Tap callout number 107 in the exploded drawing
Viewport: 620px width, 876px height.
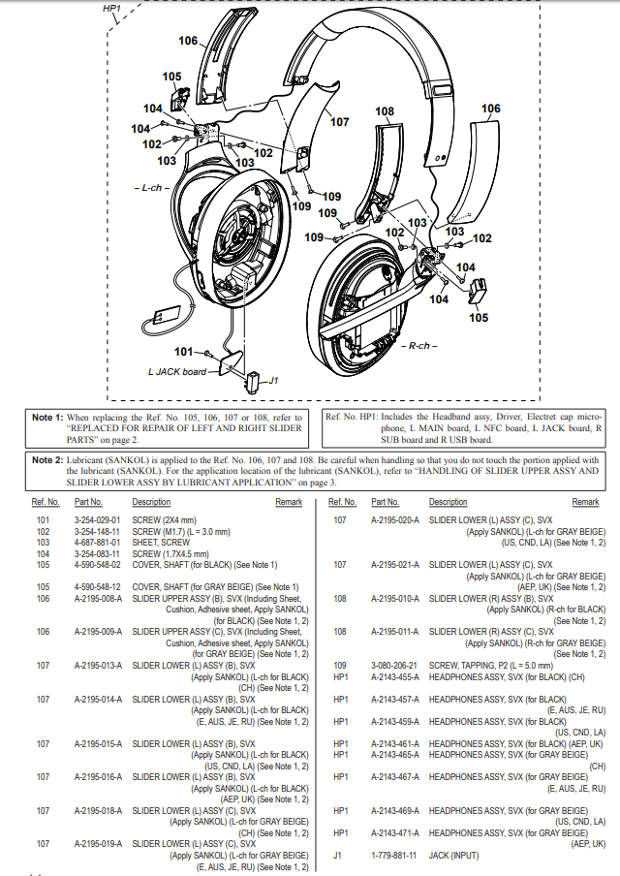coord(339,122)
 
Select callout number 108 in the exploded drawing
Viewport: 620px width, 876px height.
coord(385,111)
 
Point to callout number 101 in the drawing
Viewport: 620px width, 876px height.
coord(183,351)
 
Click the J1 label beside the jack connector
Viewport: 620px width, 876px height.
coord(274,380)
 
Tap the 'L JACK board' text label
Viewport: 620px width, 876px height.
coord(177,371)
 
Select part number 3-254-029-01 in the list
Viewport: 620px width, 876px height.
coord(96,519)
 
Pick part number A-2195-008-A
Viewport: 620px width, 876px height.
coord(98,599)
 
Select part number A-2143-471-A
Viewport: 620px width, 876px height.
coord(395,832)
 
